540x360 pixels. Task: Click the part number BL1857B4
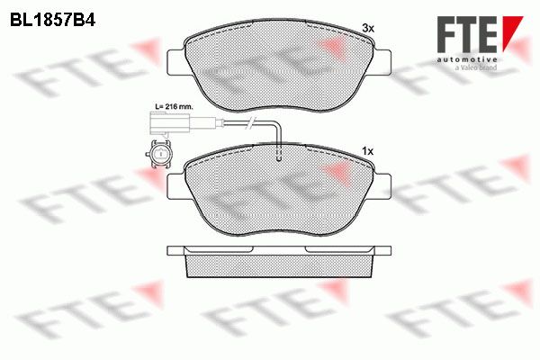click(x=52, y=21)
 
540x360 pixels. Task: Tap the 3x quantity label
click(x=368, y=28)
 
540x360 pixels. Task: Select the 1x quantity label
click(x=367, y=151)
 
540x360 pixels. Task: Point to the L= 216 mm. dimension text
click(x=174, y=106)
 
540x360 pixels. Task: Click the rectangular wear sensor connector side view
click(x=169, y=123)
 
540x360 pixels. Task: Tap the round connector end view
click(x=159, y=154)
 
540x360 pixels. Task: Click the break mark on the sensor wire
click(x=250, y=122)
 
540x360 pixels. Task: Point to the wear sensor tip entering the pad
click(x=279, y=154)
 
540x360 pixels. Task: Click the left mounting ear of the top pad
click(x=176, y=62)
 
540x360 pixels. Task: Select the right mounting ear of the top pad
click(x=382, y=62)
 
